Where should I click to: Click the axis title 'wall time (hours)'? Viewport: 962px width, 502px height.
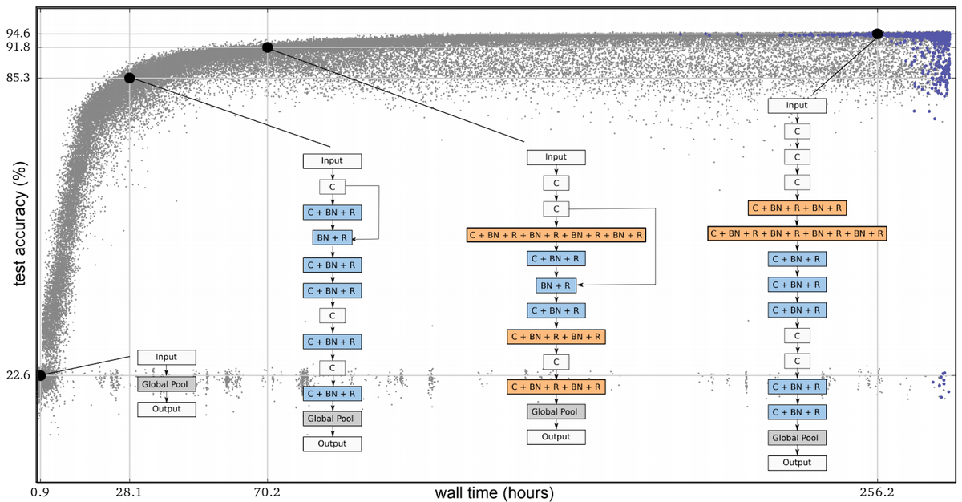[494, 491]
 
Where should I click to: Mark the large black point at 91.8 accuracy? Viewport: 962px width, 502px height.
[268, 47]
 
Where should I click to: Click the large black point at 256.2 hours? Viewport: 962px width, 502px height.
[877, 34]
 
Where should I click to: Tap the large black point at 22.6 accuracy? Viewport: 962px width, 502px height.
[40, 375]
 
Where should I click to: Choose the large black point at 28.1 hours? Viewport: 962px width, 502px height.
[129, 78]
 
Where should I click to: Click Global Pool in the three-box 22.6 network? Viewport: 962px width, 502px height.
[167, 383]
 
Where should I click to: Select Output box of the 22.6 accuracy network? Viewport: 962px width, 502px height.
[167, 409]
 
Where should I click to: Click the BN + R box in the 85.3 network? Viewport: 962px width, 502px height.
[332, 237]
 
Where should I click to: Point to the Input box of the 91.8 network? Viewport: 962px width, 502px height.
[556, 157]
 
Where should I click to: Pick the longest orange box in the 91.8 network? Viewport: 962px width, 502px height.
[556, 235]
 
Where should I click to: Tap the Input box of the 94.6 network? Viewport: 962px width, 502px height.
[797, 105]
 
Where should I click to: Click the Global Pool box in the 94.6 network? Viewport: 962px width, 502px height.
[797, 437]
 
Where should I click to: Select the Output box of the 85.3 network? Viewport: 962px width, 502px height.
[332, 443]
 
